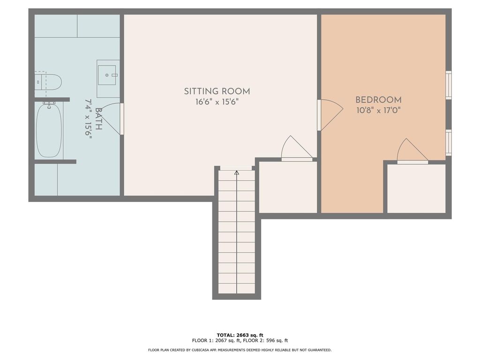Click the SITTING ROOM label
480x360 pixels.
tap(217, 91)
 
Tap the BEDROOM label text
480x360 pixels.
tap(378, 100)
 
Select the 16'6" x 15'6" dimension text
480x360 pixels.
tap(217, 102)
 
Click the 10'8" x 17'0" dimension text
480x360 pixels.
tap(379, 110)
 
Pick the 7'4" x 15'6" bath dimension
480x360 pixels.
tap(89, 119)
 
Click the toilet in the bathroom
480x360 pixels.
tap(48, 81)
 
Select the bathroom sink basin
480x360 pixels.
tap(107, 75)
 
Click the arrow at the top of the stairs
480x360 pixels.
tap(237, 173)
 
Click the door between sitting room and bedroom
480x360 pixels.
tap(330, 115)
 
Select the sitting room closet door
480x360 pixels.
tap(297, 149)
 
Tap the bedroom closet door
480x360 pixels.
tap(412, 151)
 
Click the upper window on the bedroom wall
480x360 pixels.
tap(449, 85)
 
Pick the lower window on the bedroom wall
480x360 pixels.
tap(449, 142)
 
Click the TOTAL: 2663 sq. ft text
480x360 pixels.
tap(240, 335)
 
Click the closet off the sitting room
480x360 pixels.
tap(288, 187)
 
